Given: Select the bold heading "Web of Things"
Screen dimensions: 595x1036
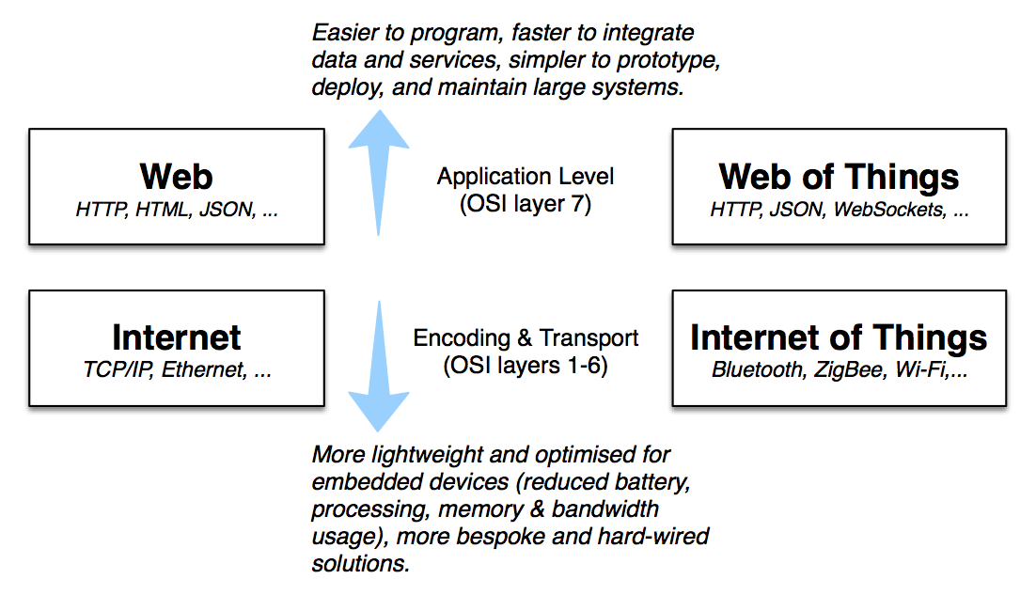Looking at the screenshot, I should click(x=839, y=177).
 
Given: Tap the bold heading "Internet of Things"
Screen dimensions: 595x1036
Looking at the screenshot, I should click(x=839, y=337).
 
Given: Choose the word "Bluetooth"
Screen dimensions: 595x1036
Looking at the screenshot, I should click(x=754, y=370).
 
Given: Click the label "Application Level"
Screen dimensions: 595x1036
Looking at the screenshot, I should click(x=526, y=177).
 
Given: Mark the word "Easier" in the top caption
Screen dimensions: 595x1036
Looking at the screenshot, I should click(x=341, y=34).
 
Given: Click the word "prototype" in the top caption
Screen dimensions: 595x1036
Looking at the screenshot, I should click(x=671, y=61).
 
